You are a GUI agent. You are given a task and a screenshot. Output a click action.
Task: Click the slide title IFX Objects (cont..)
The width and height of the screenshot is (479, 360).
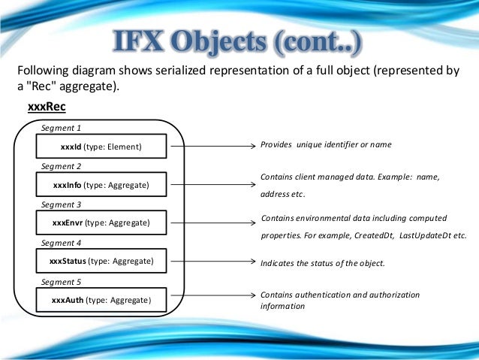pos(239,44)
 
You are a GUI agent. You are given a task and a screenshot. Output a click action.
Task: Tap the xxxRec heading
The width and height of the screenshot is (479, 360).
pos(47,107)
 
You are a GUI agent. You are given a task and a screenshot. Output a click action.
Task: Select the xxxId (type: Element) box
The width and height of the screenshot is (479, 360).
pos(101,147)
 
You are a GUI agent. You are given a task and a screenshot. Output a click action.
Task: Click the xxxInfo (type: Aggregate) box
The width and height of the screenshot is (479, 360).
pos(101,185)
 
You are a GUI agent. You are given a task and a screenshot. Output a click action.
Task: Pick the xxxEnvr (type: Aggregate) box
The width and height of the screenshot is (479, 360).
pos(101,223)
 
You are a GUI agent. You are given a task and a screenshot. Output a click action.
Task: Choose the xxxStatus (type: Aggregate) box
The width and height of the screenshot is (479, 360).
pos(101,262)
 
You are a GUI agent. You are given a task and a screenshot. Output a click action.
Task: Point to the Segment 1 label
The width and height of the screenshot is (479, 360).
pos(61,129)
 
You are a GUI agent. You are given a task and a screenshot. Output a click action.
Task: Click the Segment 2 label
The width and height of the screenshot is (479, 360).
pos(61,166)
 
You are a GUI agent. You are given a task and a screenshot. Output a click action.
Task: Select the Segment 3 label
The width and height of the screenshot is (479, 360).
pos(61,204)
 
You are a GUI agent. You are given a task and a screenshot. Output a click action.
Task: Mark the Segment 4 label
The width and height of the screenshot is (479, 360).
pos(61,244)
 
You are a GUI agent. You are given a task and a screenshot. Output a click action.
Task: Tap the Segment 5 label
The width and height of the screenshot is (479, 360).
pos(61,283)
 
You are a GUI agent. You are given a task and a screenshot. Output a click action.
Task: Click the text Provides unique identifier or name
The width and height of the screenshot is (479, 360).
pos(326,144)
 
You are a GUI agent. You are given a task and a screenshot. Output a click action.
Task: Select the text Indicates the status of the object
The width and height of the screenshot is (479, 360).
pos(322,264)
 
